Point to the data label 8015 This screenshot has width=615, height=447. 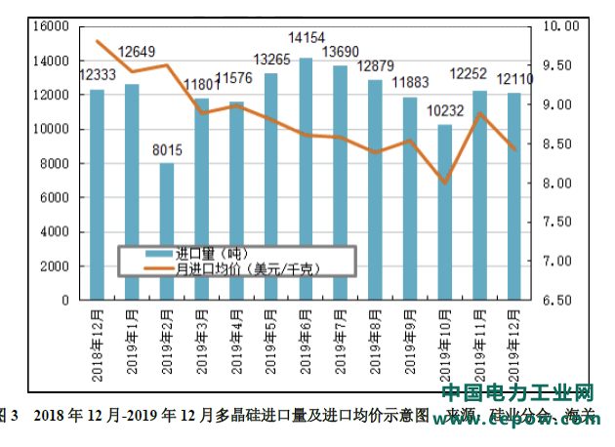click(167, 149)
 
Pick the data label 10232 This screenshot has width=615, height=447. click(445, 111)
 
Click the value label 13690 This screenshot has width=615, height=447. click(341, 51)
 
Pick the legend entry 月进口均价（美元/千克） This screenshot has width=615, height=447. click(246, 267)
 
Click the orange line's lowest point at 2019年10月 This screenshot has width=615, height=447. click(445, 183)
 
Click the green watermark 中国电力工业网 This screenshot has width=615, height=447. click(517, 395)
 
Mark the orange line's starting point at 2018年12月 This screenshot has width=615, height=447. click(98, 41)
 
